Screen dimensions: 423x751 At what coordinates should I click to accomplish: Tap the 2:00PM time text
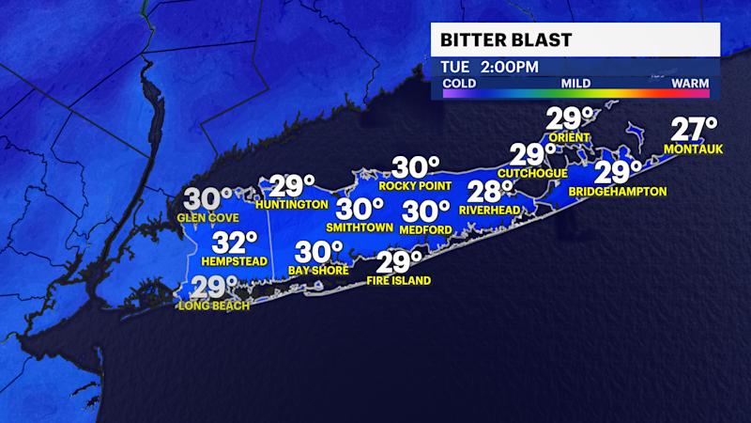(510, 68)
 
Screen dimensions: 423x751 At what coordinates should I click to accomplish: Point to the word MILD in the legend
(575, 84)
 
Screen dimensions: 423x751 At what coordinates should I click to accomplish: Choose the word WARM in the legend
(690, 84)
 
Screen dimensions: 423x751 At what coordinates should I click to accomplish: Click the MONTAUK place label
(693, 149)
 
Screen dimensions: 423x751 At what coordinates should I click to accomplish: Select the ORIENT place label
(569, 137)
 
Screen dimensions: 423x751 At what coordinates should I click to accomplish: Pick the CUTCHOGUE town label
(532, 173)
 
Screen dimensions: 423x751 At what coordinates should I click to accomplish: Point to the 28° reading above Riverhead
(489, 192)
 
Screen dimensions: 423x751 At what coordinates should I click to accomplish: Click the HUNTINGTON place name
(291, 204)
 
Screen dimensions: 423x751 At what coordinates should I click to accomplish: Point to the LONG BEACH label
(215, 305)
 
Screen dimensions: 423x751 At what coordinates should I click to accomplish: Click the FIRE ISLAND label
(399, 280)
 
